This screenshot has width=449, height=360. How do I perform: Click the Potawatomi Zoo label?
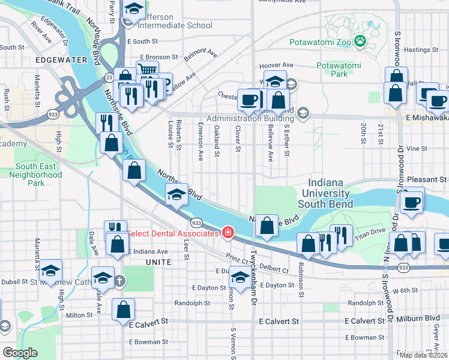point(320,43)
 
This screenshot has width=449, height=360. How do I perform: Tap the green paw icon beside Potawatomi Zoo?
point(360,41)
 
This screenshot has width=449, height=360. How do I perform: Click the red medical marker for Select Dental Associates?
point(228,232)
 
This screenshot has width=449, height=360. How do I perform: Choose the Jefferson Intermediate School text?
point(175,25)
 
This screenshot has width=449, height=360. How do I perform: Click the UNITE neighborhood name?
point(158,262)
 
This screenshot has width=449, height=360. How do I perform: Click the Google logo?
point(20,353)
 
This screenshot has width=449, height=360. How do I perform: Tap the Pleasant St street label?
point(427,179)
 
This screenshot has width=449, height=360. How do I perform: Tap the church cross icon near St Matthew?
point(119,280)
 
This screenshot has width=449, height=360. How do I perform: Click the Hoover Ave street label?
point(276,66)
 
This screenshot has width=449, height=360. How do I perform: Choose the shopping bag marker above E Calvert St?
point(124,309)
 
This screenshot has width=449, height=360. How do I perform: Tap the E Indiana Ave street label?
point(146,251)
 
